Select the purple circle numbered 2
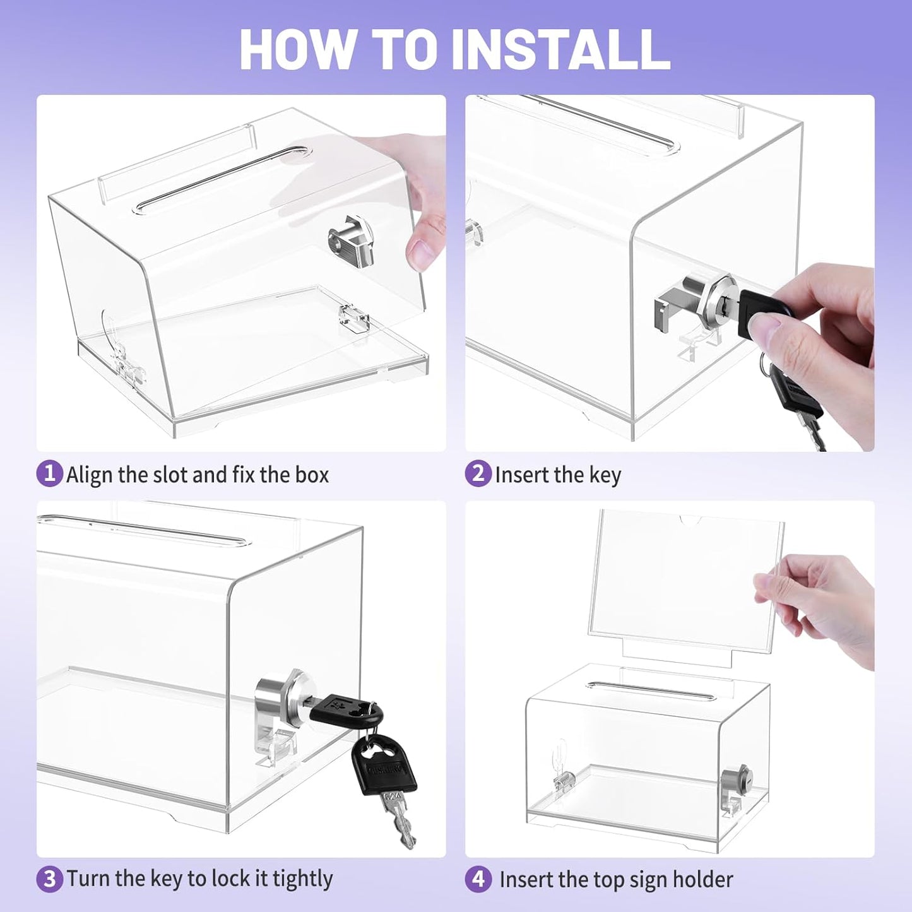(x=478, y=473)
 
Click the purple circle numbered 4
(x=478, y=879)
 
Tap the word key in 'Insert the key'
(x=605, y=475)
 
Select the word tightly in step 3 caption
(x=302, y=879)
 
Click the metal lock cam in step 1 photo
(x=352, y=241)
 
